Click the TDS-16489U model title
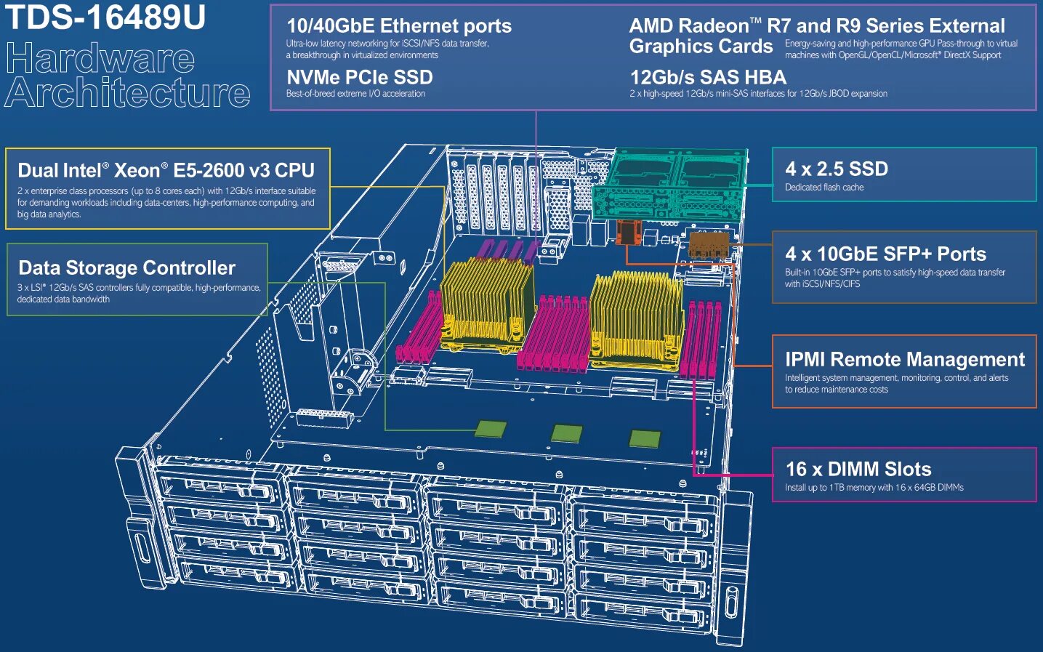(x=106, y=17)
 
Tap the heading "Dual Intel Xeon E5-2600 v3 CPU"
(x=166, y=171)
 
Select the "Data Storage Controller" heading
(x=127, y=267)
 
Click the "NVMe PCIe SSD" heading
(x=360, y=78)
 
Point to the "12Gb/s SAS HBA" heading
(x=708, y=78)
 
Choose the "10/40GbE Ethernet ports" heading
(x=399, y=26)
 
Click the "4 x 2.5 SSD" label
(x=837, y=169)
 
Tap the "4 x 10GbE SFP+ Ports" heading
(x=885, y=254)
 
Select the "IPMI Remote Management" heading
(x=905, y=359)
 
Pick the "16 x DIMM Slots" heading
(x=858, y=469)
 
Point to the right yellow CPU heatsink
(x=637, y=314)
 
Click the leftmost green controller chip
(x=491, y=429)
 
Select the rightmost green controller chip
(x=645, y=438)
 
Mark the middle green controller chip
(x=567, y=434)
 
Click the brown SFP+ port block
(x=708, y=245)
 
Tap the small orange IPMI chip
(x=627, y=233)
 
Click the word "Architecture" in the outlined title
(x=128, y=94)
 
